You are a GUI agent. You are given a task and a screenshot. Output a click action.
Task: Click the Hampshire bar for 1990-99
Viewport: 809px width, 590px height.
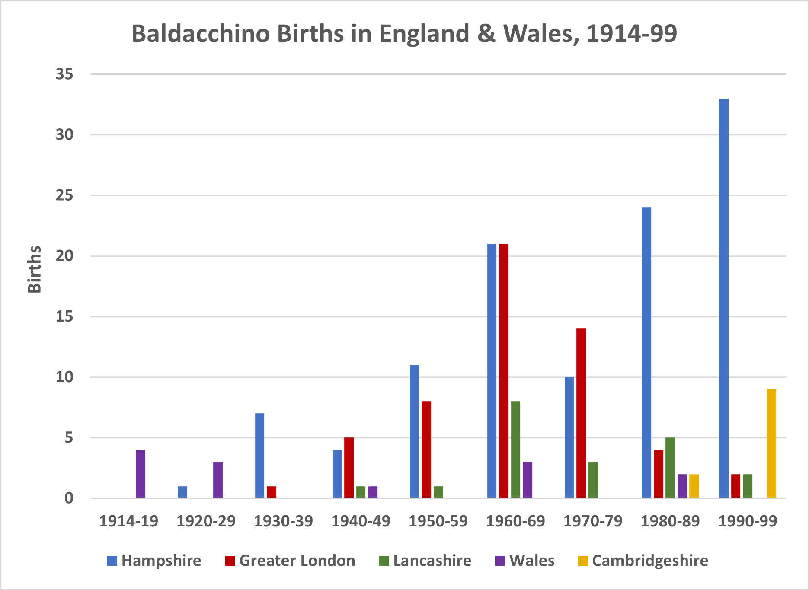(723, 298)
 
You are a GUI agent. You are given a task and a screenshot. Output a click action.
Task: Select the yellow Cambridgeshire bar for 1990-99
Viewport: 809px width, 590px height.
(771, 443)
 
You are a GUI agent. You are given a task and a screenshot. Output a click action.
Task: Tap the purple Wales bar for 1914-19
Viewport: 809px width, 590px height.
(141, 474)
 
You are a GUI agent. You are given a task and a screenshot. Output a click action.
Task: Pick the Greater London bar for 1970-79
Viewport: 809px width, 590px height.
(581, 413)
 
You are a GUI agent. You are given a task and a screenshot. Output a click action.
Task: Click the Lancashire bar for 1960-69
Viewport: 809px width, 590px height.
(515, 450)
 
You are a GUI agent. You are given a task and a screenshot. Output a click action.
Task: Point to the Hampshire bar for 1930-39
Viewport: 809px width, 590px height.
(259, 456)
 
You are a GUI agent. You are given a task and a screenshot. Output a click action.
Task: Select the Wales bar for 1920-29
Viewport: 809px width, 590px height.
(218, 480)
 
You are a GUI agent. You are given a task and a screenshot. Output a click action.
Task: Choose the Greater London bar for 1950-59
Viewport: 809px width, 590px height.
(426, 450)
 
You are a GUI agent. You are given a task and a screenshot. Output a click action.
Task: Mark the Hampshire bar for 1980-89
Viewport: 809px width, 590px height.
(646, 353)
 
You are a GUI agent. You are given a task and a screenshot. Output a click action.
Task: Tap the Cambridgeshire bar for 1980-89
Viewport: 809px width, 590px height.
(694, 486)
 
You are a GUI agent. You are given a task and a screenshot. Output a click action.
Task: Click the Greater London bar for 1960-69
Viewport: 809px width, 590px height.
(504, 371)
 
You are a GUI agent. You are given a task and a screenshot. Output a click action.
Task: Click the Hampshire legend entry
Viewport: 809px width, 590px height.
(154, 561)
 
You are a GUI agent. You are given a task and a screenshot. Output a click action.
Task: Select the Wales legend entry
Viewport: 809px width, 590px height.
(524, 561)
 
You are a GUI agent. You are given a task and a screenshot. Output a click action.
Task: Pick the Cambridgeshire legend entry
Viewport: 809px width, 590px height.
(643, 561)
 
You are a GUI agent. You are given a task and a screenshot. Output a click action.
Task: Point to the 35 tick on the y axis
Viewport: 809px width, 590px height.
(64, 74)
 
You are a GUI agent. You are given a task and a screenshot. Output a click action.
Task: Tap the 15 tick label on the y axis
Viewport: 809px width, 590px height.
(64, 317)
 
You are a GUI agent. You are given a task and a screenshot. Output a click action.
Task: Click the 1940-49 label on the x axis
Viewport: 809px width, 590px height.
(361, 521)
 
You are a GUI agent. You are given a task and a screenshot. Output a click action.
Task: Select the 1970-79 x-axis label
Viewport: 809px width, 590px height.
(593, 521)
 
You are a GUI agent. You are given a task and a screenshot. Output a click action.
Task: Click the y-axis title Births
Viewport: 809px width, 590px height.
(35, 269)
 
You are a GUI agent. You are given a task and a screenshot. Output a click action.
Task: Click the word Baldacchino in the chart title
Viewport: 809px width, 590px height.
(201, 34)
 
